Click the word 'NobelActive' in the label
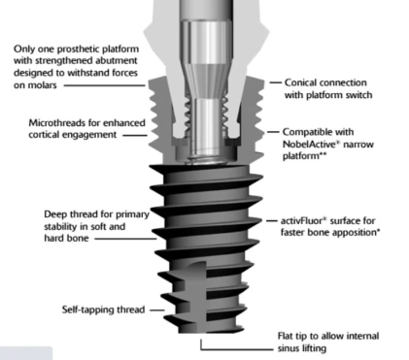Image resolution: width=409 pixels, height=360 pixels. (309, 144)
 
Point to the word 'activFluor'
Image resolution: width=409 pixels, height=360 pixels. (302, 220)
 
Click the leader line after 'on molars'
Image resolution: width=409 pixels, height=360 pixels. (104, 85)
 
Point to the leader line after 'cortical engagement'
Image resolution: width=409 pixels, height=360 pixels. (135, 135)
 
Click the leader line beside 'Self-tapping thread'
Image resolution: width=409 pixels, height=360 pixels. (157, 310)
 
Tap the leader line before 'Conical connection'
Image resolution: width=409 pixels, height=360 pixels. (275, 82)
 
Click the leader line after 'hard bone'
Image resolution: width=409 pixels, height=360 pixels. (125, 239)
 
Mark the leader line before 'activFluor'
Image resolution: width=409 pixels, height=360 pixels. (272, 221)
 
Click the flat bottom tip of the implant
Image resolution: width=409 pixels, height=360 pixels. (211, 331)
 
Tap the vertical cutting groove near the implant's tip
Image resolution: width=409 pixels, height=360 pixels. (197, 296)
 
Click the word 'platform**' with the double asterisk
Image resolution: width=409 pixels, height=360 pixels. (305, 156)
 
